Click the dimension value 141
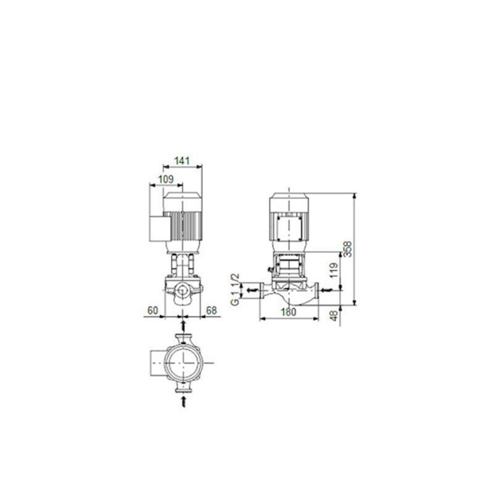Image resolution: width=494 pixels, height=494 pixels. click(x=182, y=161)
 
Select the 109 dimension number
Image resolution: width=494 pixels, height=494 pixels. click(x=166, y=179)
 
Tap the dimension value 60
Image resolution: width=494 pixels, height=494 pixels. click(x=153, y=311)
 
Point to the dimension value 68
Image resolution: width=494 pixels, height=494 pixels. click(x=211, y=311)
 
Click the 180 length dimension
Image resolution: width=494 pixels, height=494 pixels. click(x=288, y=312)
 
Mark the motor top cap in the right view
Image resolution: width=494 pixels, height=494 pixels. click(x=288, y=200)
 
